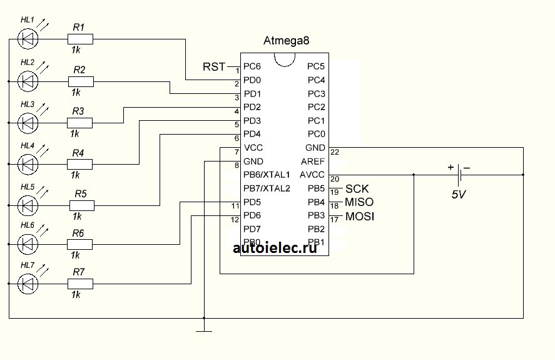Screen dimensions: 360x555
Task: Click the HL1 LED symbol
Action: (x=27, y=39)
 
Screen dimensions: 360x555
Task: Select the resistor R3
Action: (x=80, y=122)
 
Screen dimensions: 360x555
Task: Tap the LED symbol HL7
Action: (x=27, y=285)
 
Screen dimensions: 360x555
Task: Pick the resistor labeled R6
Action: (x=80, y=244)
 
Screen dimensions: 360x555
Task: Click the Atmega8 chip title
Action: (x=287, y=41)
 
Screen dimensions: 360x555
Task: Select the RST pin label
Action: (x=214, y=66)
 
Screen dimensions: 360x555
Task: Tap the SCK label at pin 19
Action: (x=357, y=188)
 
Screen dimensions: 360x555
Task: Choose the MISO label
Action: (x=359, y=202)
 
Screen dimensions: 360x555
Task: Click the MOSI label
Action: (x=360, y=216)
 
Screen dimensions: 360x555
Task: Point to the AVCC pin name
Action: (x=312, y=175)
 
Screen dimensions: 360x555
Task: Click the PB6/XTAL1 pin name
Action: (x=267, y=175)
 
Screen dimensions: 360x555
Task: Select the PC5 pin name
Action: (x=316, y=66)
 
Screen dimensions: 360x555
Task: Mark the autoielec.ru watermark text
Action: (x=275, y=248)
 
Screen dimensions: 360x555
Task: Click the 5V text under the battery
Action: (x=459, y=195)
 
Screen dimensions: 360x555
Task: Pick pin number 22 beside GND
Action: (x=335, y=152)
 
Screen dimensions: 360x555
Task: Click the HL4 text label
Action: (x=28, y=145)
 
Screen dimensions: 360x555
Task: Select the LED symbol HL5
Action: (x=27, y=205)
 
